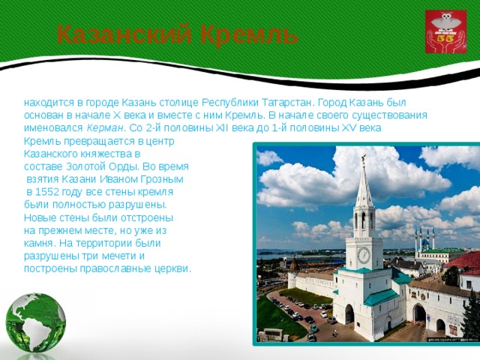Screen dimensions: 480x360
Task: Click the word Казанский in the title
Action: (124, 34)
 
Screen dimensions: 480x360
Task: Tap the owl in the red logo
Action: (445, 22)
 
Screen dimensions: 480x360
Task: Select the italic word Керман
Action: (105, 128)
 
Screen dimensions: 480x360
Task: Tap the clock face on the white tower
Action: (364, 255)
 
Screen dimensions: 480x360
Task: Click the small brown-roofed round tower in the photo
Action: (293, 271)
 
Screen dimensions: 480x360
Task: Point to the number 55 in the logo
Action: (445, 39)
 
